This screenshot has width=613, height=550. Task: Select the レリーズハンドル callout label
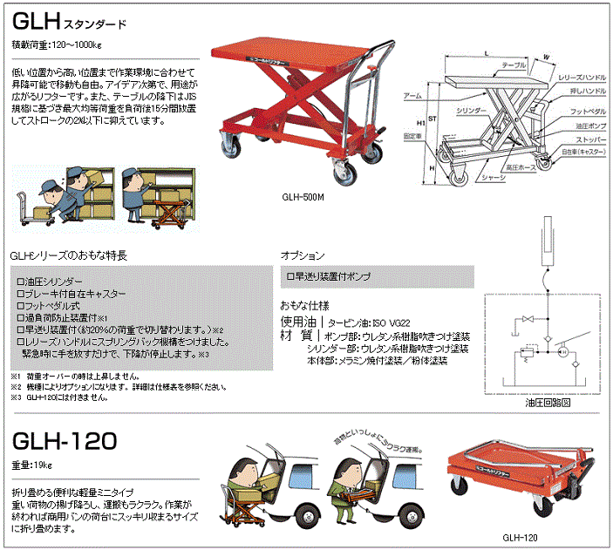582,78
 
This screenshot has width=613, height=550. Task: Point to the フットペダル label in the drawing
585,112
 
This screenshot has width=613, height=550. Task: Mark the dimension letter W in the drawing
546,59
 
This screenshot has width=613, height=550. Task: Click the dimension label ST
430,112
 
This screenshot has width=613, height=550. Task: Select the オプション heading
303,256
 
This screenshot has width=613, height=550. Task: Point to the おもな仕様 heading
304,307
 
